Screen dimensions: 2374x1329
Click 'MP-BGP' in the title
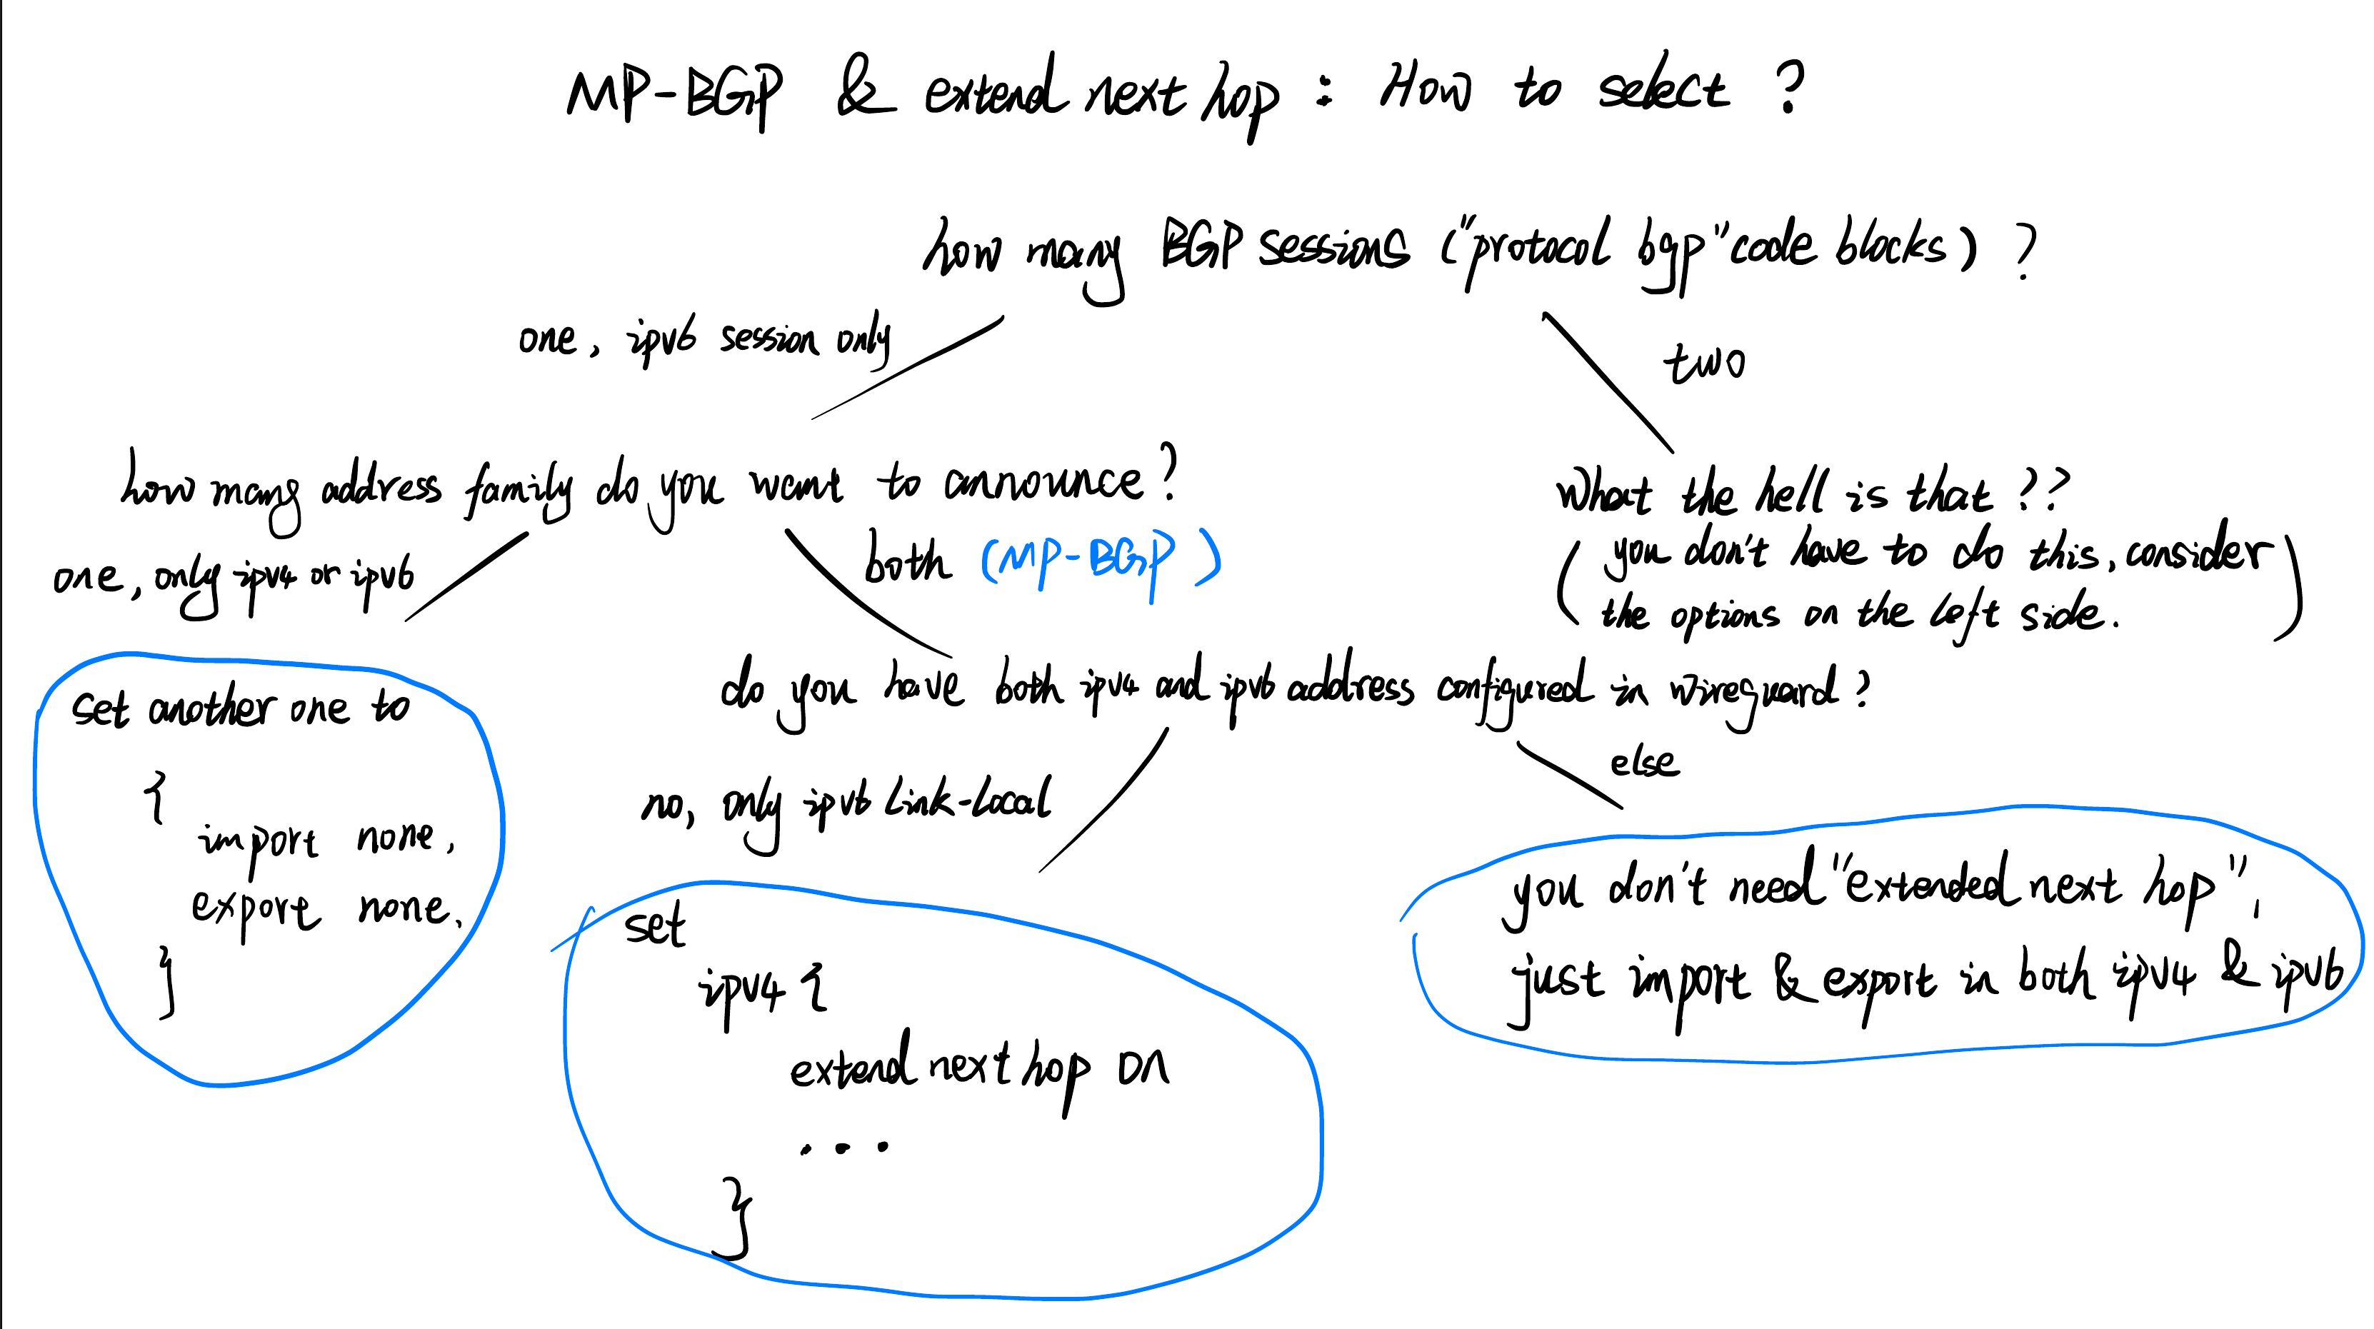675,94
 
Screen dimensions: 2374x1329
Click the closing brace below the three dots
736,1217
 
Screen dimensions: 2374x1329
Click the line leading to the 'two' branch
1608,383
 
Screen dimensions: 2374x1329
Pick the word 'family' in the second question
518,488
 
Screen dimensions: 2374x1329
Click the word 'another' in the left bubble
210,708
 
